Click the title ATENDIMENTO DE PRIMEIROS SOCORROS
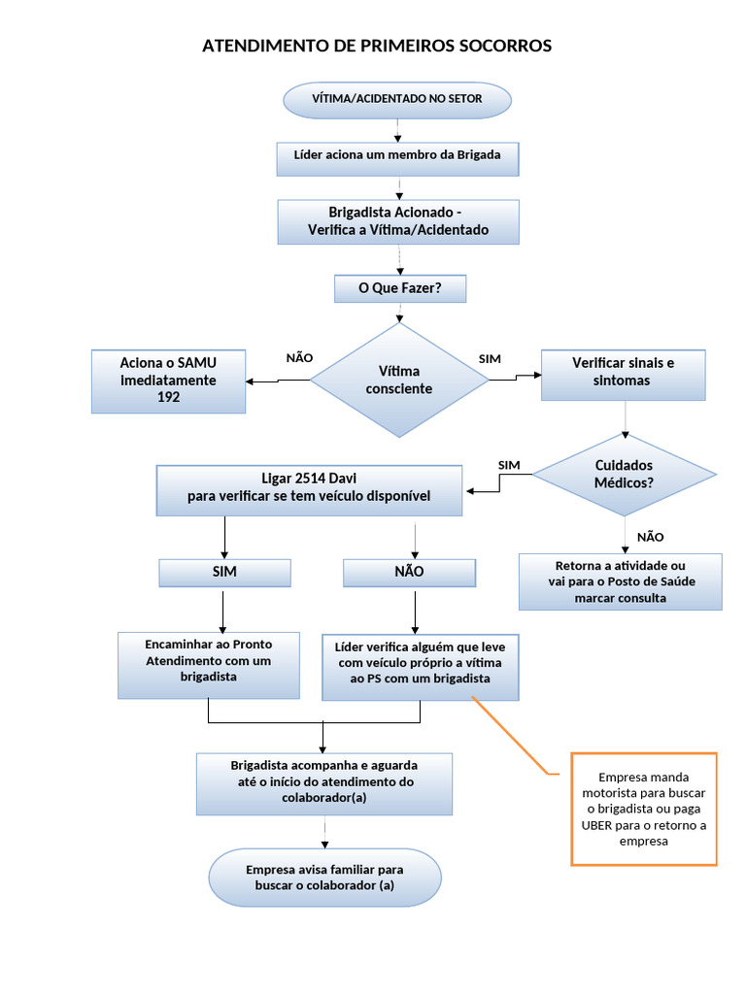tap(376, 46)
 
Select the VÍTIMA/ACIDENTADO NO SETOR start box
tap(396, 99)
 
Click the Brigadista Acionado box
tap(398, 221)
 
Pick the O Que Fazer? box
tap(399, 288)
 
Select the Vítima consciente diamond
tap(398, 380)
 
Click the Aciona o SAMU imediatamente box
tap(168, 381)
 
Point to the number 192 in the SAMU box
tap(168, 398)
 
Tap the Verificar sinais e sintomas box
tap(623, 373)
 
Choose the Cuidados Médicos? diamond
tap(624, 474)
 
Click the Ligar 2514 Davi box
tap(309, 488)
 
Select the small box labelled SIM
tap(224, 572)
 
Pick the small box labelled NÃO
tap(409, 572)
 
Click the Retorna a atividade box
tap(620, 581)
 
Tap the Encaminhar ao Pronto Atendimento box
tap(208, 665)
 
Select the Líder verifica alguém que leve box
tap(420, 666)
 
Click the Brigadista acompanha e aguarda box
tap(324, 782)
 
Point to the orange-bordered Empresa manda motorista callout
tap(644, 809)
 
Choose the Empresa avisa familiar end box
tap(324, 878)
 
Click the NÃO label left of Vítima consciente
tap(299, 357)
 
